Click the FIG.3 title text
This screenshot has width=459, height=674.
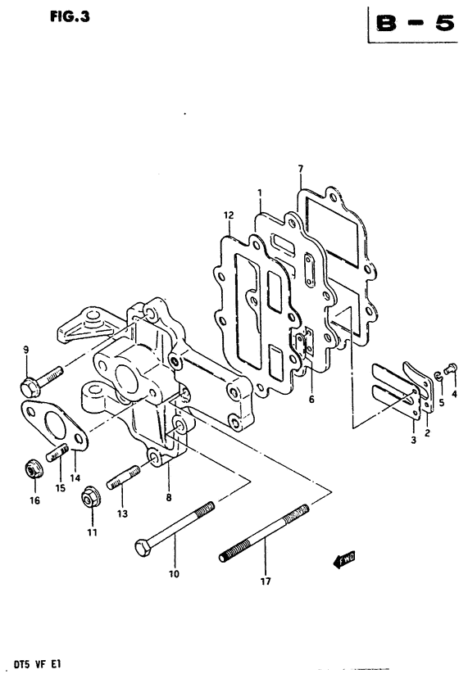tap(70, 16)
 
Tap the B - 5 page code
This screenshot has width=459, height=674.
tap(415, 23)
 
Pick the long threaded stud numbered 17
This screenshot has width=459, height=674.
tap(264, 533)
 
